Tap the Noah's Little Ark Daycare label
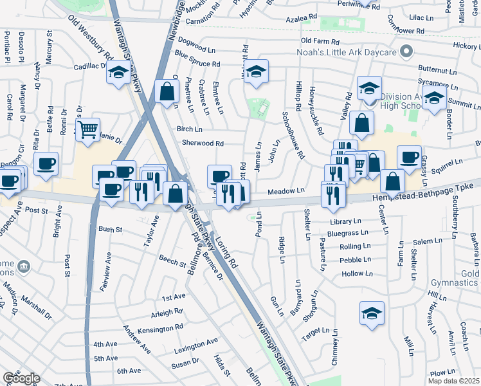(353, 51)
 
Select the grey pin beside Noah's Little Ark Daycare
(406, 51)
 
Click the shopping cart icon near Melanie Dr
(87, 129)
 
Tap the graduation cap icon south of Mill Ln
(372, 313)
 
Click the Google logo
(21, 378)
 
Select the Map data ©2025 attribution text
(454, 381)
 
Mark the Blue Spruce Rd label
(197, 64)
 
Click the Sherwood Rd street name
(203, 143)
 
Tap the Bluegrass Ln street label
(347, 233)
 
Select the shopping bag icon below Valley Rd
(363, 124)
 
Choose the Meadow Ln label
(286, 190)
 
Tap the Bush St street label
(110, 229)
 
